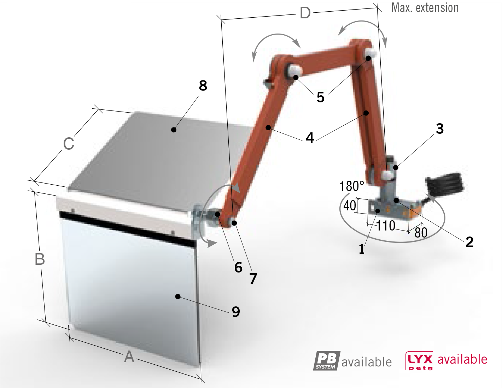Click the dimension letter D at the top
tap(305, 13)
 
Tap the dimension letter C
tap(69, 144)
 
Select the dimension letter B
tap(40, 259)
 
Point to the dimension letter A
tap(129, 357)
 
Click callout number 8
tap(203, 85)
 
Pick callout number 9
tap(236, 312)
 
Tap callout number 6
tap(239, 268)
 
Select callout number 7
tap(253, 279)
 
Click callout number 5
tap(321, 97)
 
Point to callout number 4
tap(310, 138)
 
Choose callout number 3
tap(440, 129)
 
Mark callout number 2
tap(469, 242)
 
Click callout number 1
tap(361, 249)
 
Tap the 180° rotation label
tap(351, 186)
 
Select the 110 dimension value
tap(386, 226)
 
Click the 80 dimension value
tap(421, 233)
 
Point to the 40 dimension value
tap(350, 205)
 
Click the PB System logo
tap(327, 361)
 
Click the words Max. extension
tap(425, 8)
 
